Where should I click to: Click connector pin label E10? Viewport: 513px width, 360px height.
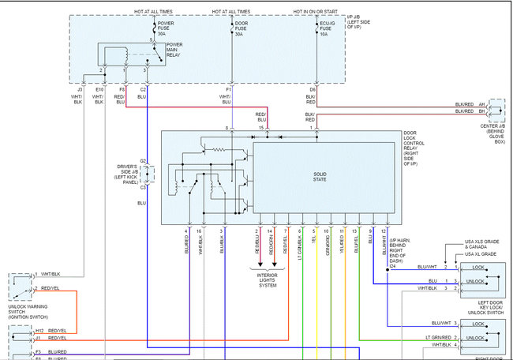click(x=99, y=91)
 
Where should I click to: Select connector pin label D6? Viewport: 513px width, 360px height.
click(x=313, y=91)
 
